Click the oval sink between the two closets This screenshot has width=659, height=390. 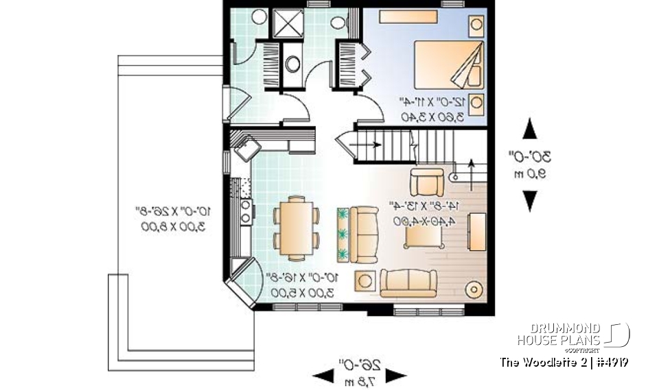(x=292, y=64)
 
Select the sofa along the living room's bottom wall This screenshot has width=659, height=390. (x=408, y=282)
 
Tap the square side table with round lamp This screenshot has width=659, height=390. (x=364, y=280)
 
